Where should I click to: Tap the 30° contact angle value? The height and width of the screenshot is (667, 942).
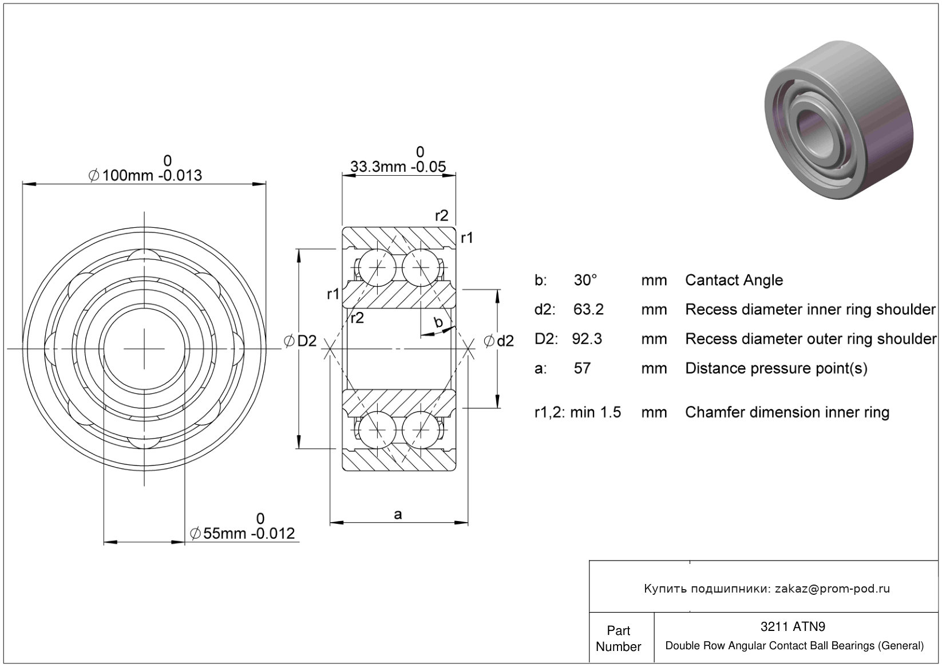click(585, 280)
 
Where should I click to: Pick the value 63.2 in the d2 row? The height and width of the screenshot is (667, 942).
click(588, 309)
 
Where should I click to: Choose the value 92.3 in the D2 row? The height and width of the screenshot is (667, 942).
click(587, 339)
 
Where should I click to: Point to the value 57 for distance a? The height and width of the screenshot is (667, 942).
click(582, 368)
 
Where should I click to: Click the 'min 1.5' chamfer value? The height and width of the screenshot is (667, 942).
click(596, 412)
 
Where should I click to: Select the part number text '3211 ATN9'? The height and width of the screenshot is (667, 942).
click(793, 626)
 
